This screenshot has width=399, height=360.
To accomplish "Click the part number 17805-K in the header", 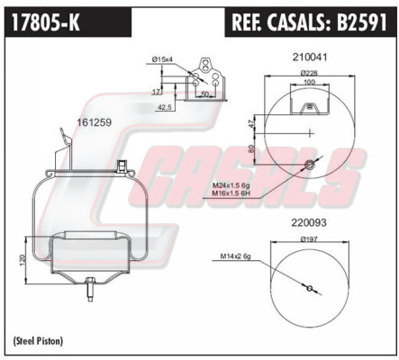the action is coord(46,22).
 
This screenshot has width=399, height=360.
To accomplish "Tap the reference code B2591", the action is coord(362,22).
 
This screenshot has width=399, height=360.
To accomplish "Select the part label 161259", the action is coord(95,122).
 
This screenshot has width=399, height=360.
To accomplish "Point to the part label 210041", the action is coord(310,57).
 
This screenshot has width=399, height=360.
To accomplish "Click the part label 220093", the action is coord(309,222).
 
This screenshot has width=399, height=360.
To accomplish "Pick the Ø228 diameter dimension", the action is coord(309,73).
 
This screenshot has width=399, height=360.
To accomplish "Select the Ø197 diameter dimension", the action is coord(309,239).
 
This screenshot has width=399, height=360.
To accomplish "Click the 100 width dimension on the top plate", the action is coord(310,82).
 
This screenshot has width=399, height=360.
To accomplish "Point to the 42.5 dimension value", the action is coord(164,107).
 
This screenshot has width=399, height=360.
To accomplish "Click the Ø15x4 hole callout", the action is coord(162,59).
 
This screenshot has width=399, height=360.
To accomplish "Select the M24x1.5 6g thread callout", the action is coord(231,185).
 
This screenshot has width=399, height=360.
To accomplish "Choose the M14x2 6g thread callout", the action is coord(236,256).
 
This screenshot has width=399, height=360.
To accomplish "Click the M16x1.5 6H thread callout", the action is coord(231,193).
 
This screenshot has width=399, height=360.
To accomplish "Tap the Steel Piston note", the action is coord(38,341).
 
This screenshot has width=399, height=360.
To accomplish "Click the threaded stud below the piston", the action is coord(90,290).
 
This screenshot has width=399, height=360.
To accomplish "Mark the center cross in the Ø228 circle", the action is coord(310,132).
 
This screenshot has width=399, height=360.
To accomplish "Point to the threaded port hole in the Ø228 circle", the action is coord(309,164).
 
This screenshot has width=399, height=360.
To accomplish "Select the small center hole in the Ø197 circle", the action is coord(310,289).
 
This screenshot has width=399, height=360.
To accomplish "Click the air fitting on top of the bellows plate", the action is coord(122,166).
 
